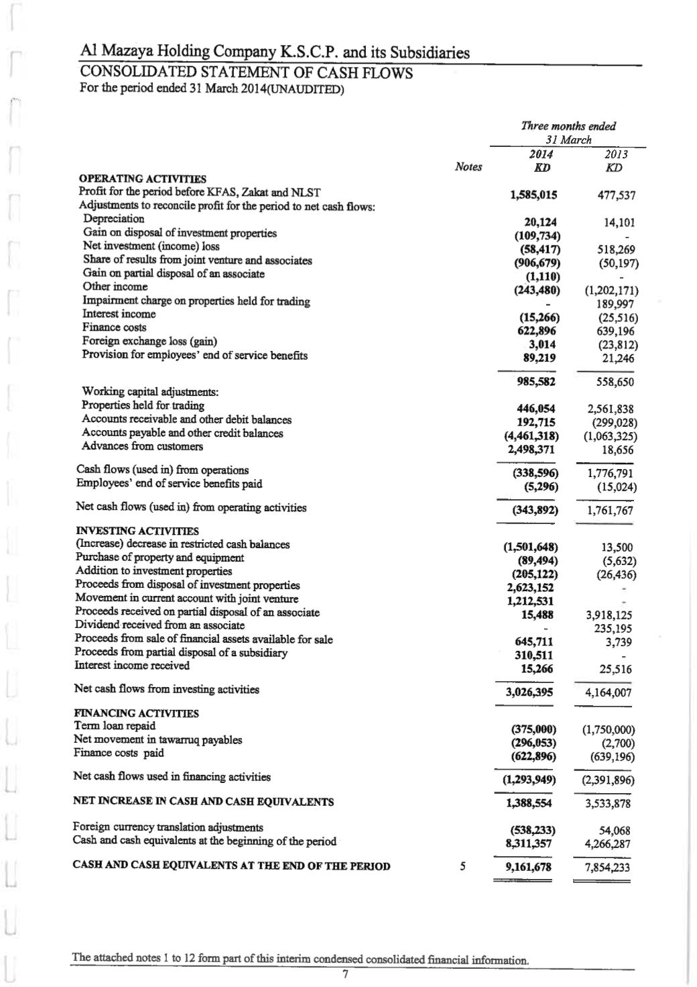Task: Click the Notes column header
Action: point(468,167)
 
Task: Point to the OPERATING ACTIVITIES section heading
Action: point(143,179)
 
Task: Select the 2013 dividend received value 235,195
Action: point(613,629)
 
